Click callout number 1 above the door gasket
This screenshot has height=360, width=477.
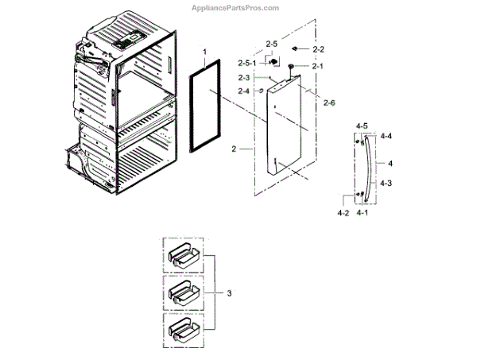tap(204, 52)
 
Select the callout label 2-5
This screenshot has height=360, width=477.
tap(271, 43)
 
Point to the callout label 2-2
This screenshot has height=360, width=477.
tap(319, 50)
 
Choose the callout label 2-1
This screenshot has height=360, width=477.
tap(317, 66)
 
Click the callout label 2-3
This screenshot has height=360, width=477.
tap(244, 77)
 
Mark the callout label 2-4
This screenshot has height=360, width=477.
tap(244, 91)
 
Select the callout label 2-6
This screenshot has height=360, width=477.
tap(329, 103)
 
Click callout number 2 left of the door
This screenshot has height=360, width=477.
tap(233, 149)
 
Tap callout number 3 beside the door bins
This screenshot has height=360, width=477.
tap(229, 294)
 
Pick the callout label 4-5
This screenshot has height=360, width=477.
tap(362, 126)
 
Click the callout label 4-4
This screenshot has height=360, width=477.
tap(386, 137)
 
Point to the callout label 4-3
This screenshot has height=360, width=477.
tap(386, 184)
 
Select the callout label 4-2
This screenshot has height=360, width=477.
tap(343, 213)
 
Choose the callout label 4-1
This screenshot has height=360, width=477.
tap(363, 213)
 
